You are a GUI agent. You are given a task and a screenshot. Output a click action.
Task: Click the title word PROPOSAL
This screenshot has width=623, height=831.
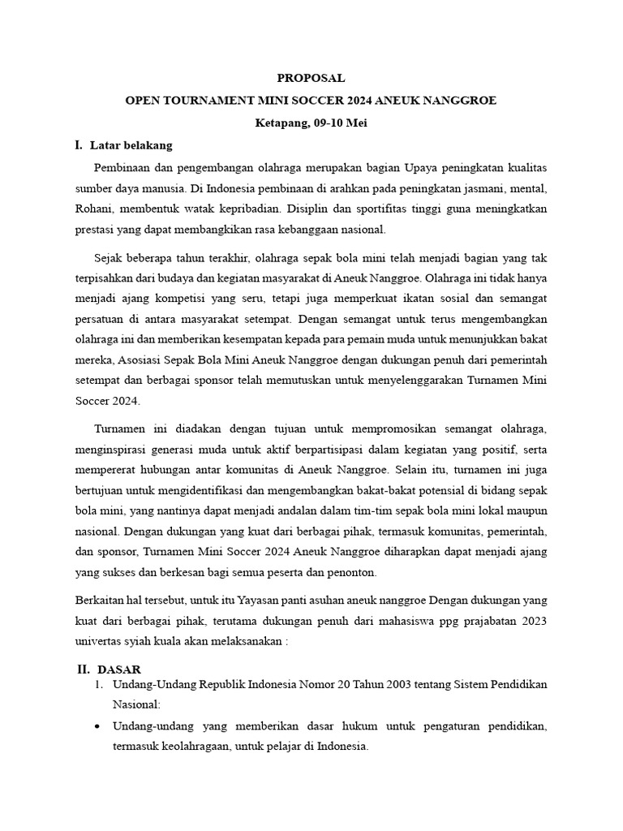pos(311,79)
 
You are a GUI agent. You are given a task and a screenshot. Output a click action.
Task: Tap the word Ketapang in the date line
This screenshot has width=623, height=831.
pos(281,123)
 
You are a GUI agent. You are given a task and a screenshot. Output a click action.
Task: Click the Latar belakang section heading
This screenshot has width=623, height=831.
pos(131,146)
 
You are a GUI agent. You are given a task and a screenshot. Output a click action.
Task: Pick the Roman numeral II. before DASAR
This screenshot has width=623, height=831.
pos(82,670)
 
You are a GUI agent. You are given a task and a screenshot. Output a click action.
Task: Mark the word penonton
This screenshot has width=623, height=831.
pos(353,574)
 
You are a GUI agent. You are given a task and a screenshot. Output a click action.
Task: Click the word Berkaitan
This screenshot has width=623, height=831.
pos(103,601)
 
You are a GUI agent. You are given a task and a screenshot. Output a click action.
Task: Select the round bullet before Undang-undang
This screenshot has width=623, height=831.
pos(98,726)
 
